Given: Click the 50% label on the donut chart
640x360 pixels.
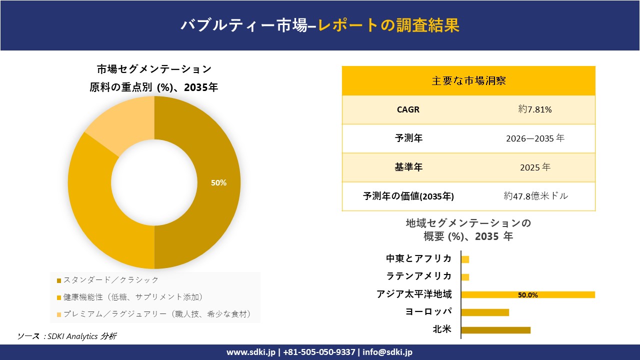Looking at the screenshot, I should click(218, 183).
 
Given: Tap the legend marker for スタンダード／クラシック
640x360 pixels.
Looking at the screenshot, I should click(59, 280).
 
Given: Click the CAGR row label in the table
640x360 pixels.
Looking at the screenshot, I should click(408, 109).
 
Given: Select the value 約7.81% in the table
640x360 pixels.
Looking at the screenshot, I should click(535, 109).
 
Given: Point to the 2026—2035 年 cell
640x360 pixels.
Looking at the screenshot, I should click(535, 138).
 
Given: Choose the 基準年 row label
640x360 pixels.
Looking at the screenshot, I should click(408, 167).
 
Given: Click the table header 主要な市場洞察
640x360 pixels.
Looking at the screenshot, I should click(468, 80).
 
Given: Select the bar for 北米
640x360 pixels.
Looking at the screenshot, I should click(495, 330).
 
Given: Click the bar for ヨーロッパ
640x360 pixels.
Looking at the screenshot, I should click(485, 312).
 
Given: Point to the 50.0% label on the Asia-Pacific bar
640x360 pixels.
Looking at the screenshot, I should click(528, 295).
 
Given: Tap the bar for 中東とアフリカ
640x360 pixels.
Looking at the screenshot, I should click(465, 259).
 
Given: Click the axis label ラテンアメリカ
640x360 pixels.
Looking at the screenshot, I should click(418, 276).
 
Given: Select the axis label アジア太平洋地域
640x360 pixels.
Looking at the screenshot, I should click(414, 294).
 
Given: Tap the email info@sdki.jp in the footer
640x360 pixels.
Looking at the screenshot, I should click(387, 352).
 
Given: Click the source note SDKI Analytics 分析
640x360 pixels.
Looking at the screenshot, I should click(80, 336).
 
